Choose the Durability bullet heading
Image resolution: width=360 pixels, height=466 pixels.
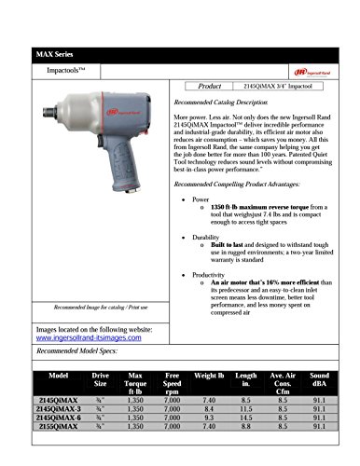click(x=208, y=238)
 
